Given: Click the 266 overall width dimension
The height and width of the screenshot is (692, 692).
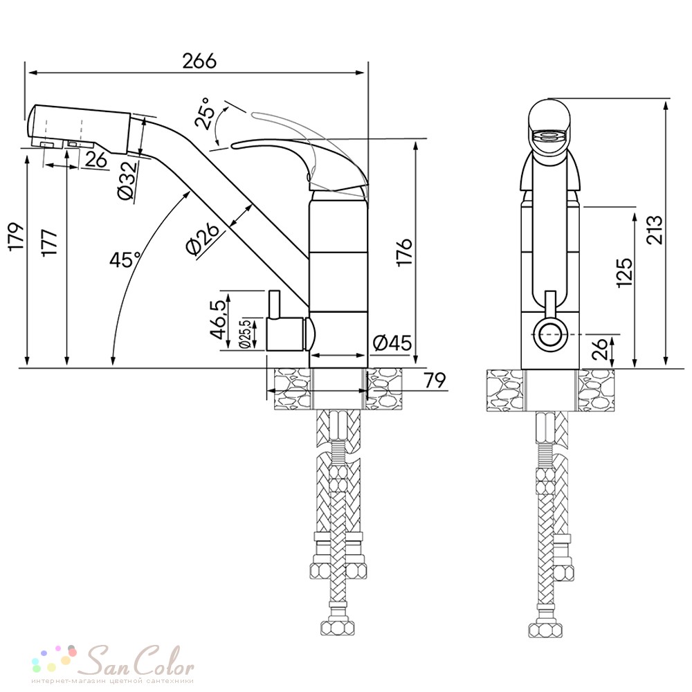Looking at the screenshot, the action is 200,61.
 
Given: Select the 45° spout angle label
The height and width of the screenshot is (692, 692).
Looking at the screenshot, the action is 125,259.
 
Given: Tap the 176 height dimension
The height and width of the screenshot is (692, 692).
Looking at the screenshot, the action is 404,252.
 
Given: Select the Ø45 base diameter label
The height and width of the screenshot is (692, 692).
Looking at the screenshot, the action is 392,343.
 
